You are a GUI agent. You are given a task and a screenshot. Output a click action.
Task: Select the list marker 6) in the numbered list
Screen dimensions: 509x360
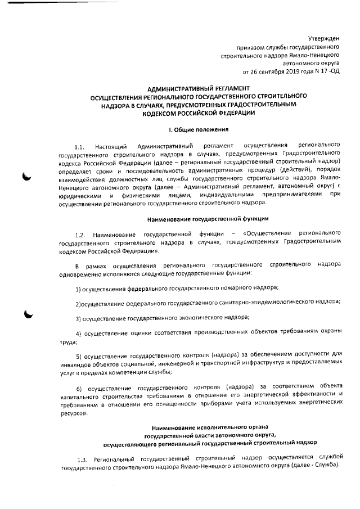pyautogui.click(x=79, y=389)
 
